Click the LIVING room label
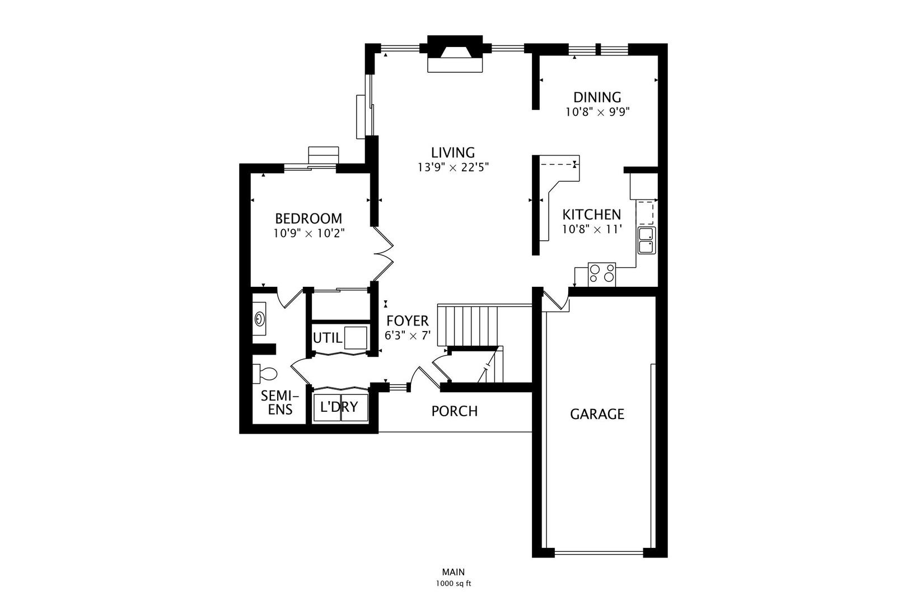pos(453,152)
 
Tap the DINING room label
pos(597,97)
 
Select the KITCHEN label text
pos(592,215)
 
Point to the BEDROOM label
pos(308,218)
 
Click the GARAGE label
pos(597,414)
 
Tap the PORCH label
pos(454,411)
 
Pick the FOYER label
pos(408,321)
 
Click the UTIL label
pos(328,338)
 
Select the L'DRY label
pos(339,407)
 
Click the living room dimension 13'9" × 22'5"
pos(453,167)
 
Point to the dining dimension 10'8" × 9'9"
pos(597,112)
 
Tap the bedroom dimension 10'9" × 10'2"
pos(308,233)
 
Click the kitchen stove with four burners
pos(602,274)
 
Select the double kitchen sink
pos(647,240)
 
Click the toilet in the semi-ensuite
pos(264,374)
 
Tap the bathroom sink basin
pos(260,319)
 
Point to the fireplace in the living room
pos(455,54)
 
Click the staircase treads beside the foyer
pos(467,326)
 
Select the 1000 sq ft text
pos(453,584)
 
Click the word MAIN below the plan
pos(453,572)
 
